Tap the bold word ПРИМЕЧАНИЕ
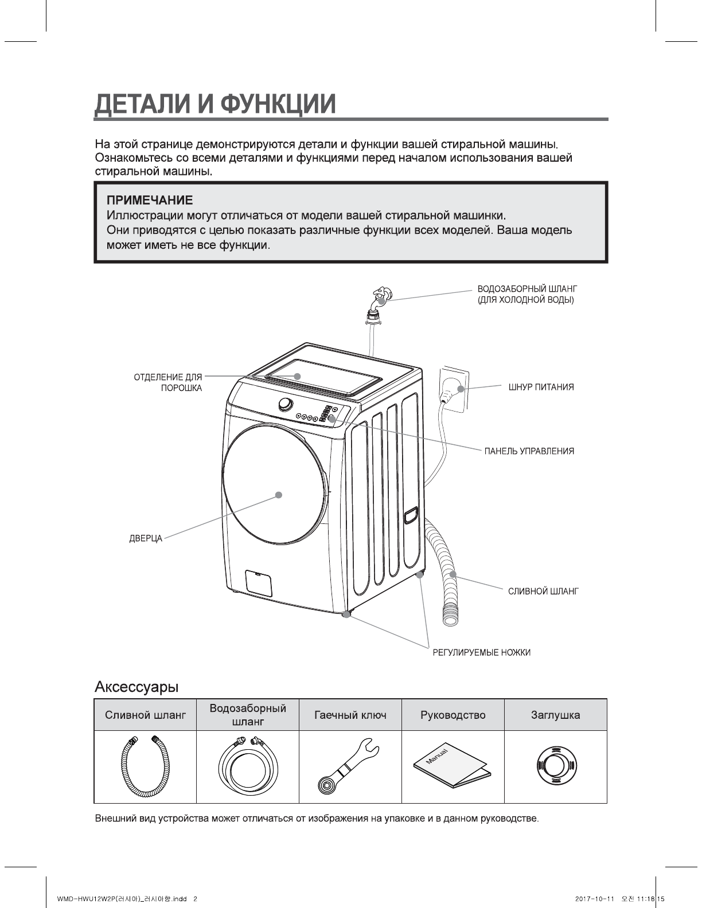click(x=150, y=200)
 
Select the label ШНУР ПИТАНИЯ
click(x=541, y=387)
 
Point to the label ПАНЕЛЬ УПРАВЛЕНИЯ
click(x=529, y=451)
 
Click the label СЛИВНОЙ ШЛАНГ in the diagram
click(x=543, y=591)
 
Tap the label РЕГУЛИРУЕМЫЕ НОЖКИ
click(x=481, y=652)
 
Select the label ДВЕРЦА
click(x=146, y=539)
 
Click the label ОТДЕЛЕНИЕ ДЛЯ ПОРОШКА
click(x=168, y=382)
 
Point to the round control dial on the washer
click(x=285, y=404)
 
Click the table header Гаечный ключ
click(x=350, y=715)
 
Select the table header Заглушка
click(x=555, y=715)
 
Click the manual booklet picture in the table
click(x=453, y=766)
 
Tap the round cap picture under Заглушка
click(x=555, y=766)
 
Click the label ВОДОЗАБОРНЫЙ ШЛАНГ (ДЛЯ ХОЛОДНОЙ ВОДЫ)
click(x=526, y=293)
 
